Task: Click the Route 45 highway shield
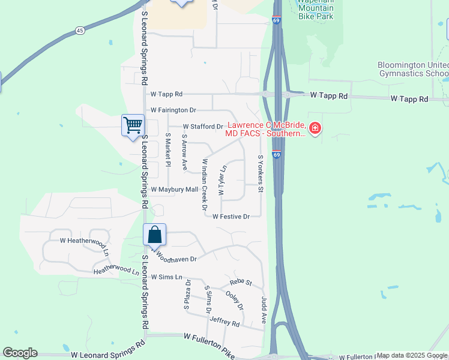[x=80, y=30]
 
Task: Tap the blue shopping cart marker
[x=133, y=125]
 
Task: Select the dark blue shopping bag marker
[x=154, y=235]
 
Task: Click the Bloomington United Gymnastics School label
[x=412, y=69]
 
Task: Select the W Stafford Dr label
[x=203, y=127]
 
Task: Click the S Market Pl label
[x=168, y=153]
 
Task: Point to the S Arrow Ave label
[x=185, y=153]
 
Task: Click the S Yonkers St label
[x=261, y=174]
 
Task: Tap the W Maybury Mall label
[x=174, y=190]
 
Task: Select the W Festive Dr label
[x=231, y=217]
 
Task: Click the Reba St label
[x=241, y=283]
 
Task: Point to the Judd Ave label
[x=264, y=310]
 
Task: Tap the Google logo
[x=20, y=353]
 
